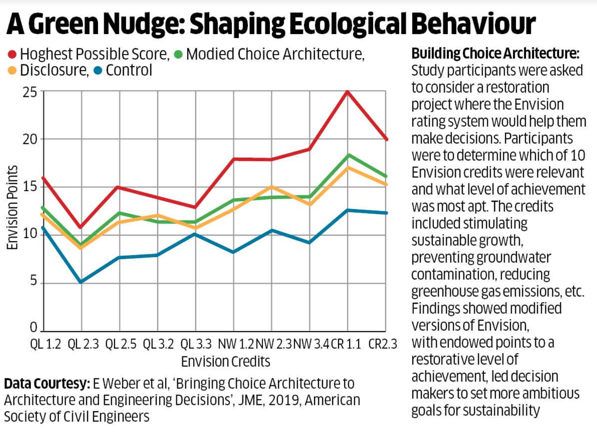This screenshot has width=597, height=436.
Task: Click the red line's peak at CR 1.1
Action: tap(347, 91)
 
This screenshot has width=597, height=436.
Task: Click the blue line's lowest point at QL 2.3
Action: tap(81, 282)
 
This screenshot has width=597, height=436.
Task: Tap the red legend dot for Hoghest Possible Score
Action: tap(12, 54)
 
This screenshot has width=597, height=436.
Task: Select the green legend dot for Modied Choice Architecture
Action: tap(178, 54)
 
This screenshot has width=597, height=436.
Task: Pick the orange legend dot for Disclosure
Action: tap(12, 70)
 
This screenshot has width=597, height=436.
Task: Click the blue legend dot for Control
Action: tap(98, 70)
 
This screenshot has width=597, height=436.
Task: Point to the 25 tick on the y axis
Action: tap(30, 92)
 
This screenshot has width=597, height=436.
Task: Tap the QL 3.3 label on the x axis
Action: tap(196, 344)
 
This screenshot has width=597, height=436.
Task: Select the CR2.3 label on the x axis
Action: tap(382, 344)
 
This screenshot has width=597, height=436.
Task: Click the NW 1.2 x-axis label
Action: tap(235, 344)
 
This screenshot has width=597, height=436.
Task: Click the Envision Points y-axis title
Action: tap(13, 207)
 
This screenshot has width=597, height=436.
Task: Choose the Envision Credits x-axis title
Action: tap(225, 361)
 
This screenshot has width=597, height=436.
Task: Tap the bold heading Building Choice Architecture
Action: tap(495, 54)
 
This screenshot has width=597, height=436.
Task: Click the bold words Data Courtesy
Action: tap(47, 383)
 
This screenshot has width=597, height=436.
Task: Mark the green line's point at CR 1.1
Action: tap(348, 155)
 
